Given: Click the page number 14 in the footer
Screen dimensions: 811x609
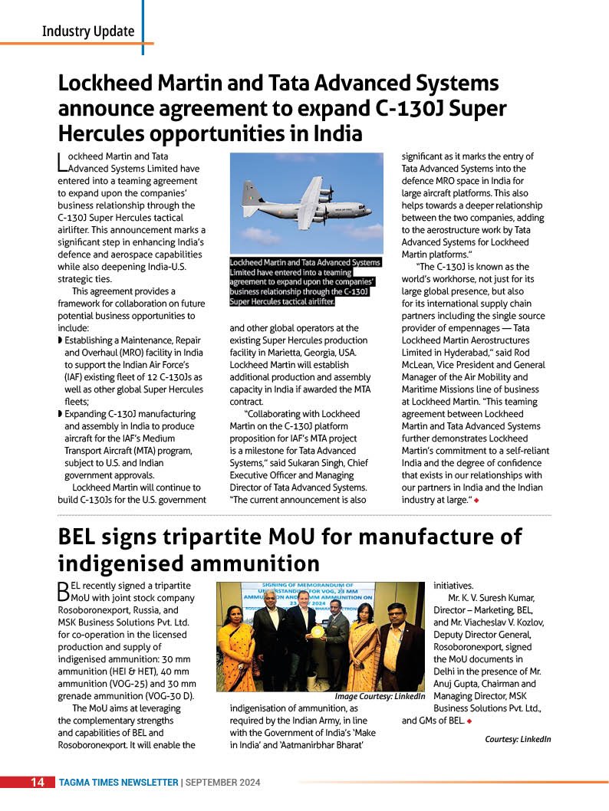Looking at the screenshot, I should pyautogui.click(x=37, y=783).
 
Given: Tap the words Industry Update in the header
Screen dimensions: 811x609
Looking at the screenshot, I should pyautogui.click(x=88, y=31).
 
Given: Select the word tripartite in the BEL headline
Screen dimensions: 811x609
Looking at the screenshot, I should pyautogui.click(x=212, y=536).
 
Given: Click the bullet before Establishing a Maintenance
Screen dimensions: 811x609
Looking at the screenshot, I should pyautogui.click(x=61, y=340).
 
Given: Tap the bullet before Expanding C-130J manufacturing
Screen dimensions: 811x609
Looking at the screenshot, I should pyautogui.click(x=61, y=414).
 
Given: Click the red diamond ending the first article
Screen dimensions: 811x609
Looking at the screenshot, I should pyautogui.click(x=477, y=501).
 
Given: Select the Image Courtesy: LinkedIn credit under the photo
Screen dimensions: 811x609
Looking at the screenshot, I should pyautogui.click(x=380, y=695).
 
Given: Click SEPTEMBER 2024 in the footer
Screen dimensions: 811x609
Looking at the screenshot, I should pyautogui.click(x=223, y=783).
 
